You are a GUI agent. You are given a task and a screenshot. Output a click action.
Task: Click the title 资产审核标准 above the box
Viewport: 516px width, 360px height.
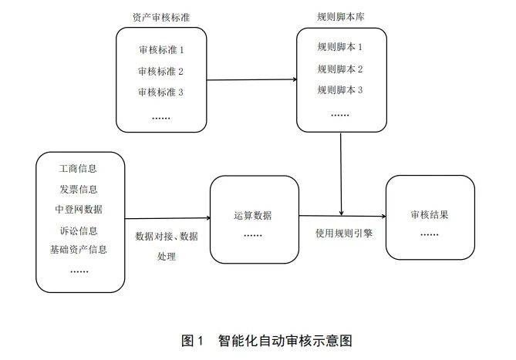point(161,17)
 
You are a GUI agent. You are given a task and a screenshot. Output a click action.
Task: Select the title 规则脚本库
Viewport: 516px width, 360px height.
point(341,17)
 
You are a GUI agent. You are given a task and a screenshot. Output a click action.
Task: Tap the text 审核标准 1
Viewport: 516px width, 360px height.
point(161,50)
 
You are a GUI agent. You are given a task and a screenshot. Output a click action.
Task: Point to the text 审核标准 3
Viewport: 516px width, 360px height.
point(160,93)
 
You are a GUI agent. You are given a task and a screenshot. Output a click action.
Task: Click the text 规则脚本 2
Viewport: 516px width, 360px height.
point(340,69)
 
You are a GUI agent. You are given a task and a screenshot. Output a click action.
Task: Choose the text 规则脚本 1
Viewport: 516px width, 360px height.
point(340,47)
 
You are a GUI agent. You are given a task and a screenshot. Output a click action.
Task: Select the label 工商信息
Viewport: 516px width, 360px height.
point(78,169)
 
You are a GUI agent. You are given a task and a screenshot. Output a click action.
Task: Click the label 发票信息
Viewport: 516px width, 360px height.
point(79,190)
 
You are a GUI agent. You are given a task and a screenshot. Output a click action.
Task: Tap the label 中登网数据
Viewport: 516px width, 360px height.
point(79,210)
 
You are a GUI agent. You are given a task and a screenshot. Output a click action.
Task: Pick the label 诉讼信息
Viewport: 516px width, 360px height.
point(79,230)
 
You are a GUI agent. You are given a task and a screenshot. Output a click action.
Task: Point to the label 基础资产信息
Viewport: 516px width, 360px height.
point(79,250)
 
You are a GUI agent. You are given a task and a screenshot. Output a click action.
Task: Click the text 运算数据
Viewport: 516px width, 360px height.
point(253,216)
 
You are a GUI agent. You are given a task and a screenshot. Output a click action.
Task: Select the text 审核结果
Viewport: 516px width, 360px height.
point(430,215)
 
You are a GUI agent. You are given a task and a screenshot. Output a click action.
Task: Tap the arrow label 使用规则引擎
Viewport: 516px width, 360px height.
point(344,234)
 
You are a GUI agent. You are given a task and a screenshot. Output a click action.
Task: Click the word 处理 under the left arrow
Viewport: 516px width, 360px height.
point(167,257)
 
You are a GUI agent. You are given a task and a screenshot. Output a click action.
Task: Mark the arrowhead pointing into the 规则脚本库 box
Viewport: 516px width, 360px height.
point(295,79)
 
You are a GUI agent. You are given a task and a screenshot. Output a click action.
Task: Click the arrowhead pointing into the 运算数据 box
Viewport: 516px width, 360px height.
point(208,217)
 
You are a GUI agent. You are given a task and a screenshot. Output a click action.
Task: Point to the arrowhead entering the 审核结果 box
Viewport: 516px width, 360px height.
point(383,217)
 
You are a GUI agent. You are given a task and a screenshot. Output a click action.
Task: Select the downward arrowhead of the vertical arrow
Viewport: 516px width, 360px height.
point(341,214)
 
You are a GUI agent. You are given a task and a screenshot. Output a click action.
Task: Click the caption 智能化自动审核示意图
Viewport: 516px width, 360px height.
point(285,341)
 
